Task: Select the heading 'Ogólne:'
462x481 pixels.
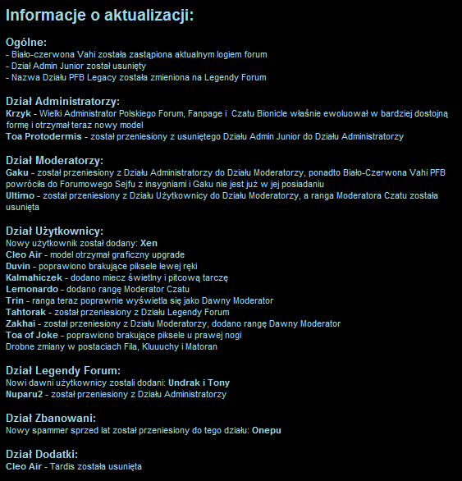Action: coord(26,41)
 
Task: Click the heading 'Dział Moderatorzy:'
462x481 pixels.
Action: coord(54,159)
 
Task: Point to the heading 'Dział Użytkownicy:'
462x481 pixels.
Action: coord(54,231)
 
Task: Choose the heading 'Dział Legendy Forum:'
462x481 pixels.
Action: coord(62,370)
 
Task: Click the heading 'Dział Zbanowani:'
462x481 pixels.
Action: coord(52,416)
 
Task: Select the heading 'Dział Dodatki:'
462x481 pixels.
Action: coord(41,453)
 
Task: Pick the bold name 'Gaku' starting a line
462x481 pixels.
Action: coord(18,174)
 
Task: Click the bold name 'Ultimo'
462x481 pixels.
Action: coord(20,197)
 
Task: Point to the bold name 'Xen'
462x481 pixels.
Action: coord(149,243)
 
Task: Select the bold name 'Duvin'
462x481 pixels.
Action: coord(19,266)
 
